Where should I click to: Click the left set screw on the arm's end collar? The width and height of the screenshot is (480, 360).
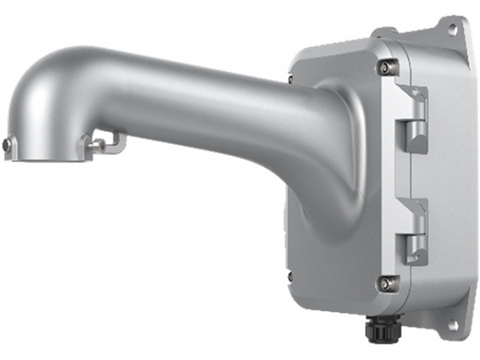[x=6, y=145]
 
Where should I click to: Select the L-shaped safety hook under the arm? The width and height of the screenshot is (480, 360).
[x=117, y=142]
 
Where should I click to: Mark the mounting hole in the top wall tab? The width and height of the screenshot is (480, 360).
[x=453, y=30]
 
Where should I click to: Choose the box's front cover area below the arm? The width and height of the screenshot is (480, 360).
[x=336, y=256]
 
